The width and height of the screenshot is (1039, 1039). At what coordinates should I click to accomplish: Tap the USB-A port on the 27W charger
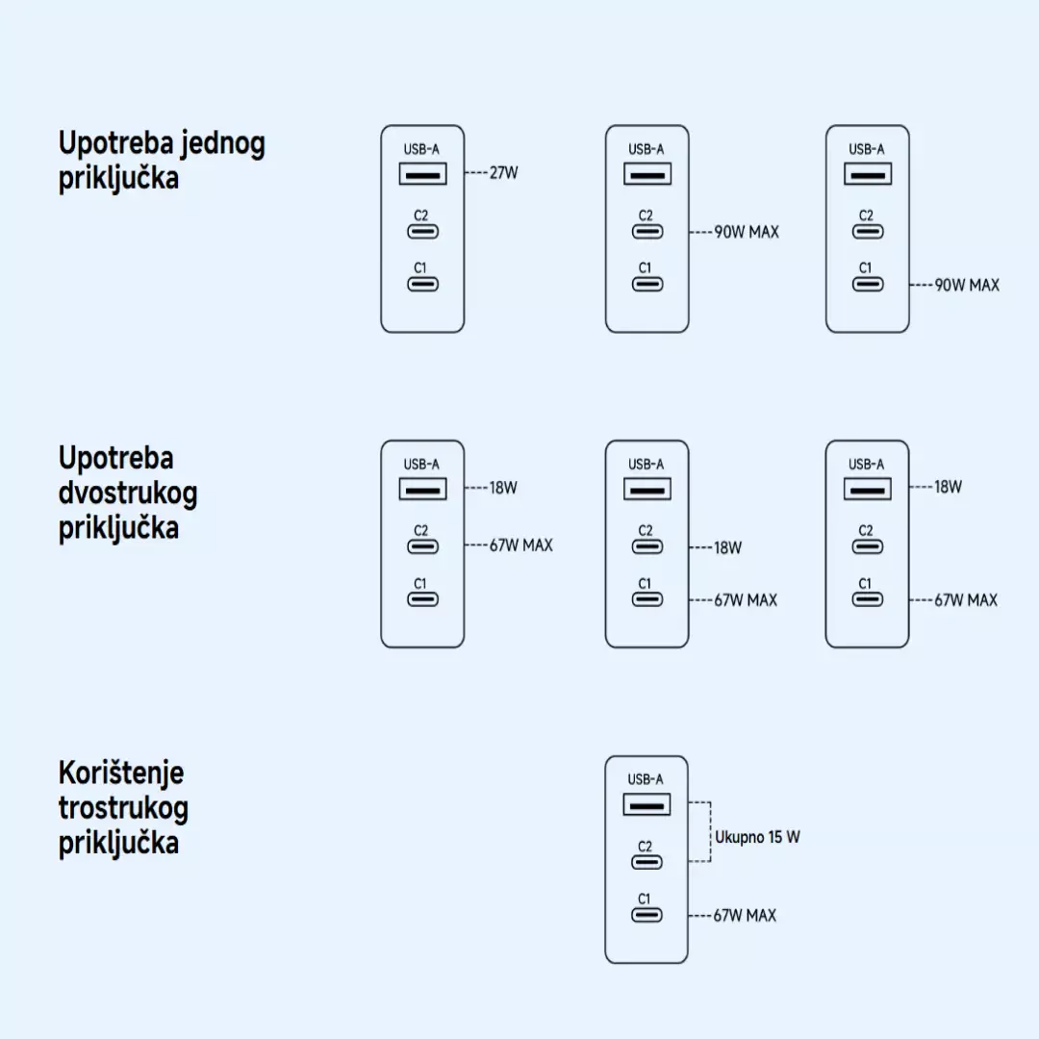point(423,174)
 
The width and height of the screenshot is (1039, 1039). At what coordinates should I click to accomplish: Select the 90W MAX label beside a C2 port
point(747,232)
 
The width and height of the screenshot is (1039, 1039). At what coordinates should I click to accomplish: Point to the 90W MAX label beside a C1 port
point(967,285)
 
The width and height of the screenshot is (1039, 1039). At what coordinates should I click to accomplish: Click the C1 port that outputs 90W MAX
point(868,284)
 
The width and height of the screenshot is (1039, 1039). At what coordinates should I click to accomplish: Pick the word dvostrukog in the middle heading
point(128,493)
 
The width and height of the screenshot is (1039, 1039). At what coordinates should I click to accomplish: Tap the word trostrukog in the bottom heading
point(123,807)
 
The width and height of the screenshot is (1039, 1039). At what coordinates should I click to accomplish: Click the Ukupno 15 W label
point(757,837)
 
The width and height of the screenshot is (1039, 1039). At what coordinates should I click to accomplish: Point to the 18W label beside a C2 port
point(727,547)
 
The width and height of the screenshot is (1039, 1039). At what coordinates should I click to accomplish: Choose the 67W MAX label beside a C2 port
point(521,545)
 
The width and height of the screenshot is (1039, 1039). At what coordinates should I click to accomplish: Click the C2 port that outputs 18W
point(647,546)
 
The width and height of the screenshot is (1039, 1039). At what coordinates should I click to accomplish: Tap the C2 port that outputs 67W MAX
point(423,546)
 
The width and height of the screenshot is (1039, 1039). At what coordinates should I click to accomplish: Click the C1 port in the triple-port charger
point(647,914)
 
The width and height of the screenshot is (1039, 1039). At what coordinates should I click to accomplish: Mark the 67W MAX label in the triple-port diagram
point(745,915)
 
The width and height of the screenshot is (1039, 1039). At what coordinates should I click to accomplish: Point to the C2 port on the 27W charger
point(423,231)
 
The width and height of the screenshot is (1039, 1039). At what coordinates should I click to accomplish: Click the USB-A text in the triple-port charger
point(646,779)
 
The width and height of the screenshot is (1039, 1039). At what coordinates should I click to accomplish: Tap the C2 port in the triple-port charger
point(647,861)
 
